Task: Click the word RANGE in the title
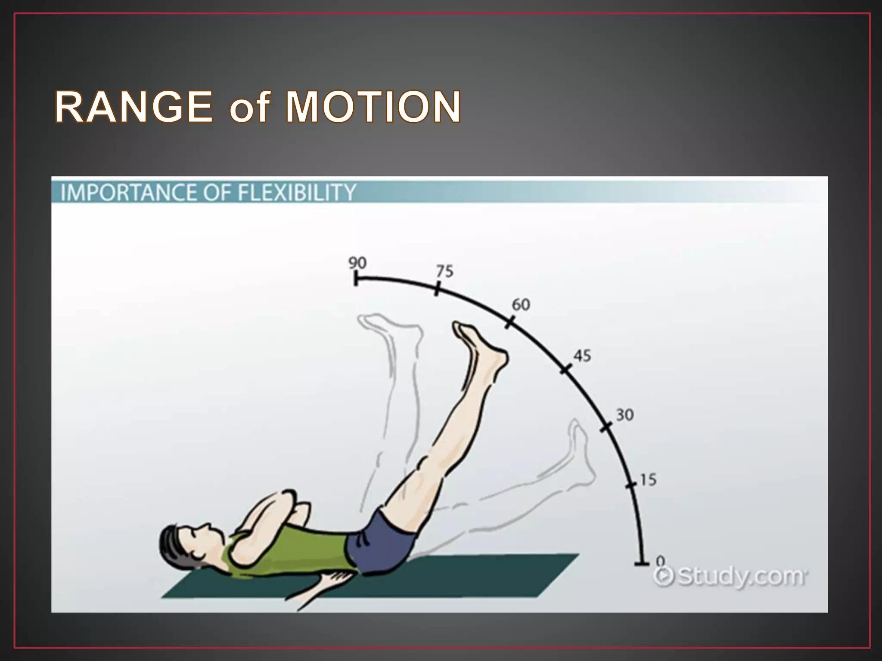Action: click(x=134, y=107)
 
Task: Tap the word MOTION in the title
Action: click(x=373, y=107)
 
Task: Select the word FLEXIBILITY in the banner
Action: click(x=297, y=192)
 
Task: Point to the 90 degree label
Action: click(x=357, y=263)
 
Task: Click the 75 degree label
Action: click(x=445, y=271)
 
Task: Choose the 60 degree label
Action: click(x=521, y=305)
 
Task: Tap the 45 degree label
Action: click(x=582, y=356)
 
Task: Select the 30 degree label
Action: click(x=624, y=415)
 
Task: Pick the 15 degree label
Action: click(x=648, y=480)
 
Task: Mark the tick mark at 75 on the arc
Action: click(x=437, y=288)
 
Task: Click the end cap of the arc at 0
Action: click(x=642, y=563)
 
